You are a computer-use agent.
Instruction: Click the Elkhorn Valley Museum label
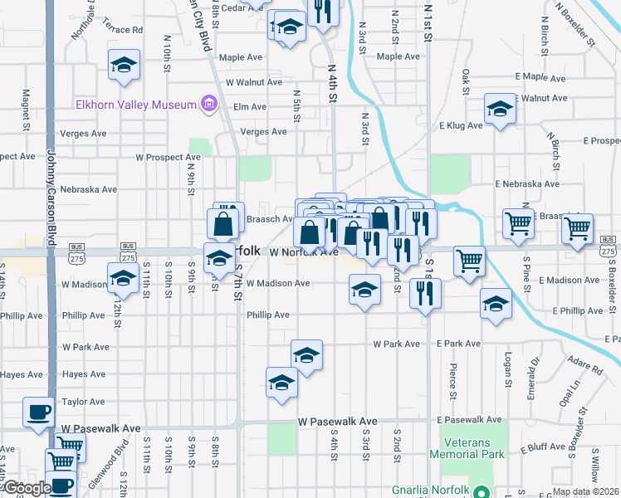point(134,105)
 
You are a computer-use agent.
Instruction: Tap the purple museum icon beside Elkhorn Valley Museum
point(208,105)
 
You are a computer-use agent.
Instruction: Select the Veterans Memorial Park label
point(467,449)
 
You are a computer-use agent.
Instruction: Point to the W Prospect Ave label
point(169,157)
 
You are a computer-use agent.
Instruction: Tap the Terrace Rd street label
point(124,30)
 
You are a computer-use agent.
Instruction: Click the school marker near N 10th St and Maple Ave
point(124,65)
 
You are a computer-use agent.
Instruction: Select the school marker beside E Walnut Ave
point(500,109)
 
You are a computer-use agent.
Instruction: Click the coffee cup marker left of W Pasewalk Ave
point(38,412)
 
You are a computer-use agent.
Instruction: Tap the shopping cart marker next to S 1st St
point(469,260)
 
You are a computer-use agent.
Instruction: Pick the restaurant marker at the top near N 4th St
point(322,12)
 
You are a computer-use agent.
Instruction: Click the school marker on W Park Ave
point(306,355)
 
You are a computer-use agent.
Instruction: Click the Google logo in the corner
point(27,488)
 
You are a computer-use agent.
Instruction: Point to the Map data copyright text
point(585,491)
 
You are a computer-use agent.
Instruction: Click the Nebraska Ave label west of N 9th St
point(89,189)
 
